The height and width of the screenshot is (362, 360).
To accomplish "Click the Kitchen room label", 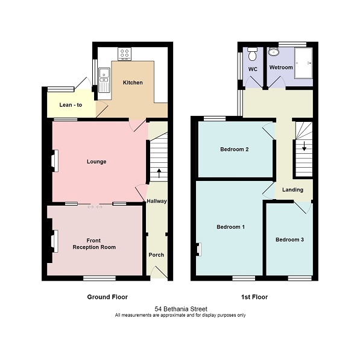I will click(x=133, y=82).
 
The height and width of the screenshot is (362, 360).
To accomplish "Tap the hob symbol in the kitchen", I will click(x=125, y=54).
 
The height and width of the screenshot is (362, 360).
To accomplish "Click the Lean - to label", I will click(x=71, y=105).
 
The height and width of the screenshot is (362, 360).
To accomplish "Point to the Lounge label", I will click(x=96, y=162).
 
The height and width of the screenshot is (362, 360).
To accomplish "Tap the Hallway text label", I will click(x=156, y=202).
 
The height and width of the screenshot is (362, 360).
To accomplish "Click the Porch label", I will click(x=156, y=255).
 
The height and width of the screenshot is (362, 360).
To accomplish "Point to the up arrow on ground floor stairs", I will click(x=159, y=173).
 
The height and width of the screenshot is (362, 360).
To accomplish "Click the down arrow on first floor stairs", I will click(x=304, y=146).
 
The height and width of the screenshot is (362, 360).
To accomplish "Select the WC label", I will click(x=253, y=69).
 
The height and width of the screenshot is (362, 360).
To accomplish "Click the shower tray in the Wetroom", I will click(x=303, y=63).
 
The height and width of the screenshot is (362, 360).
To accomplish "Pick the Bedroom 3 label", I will click(x=289, y=240).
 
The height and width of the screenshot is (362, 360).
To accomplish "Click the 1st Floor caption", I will click(x=254, y=297).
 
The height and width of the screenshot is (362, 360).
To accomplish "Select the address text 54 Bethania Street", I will click(x=180, y=308).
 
